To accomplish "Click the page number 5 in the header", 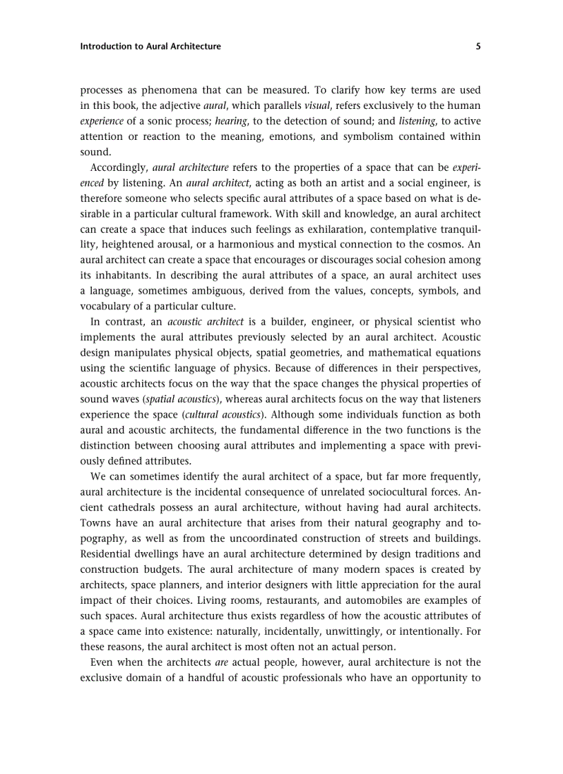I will tap(478, 47).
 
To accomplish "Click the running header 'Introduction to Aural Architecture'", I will tap(150, 47).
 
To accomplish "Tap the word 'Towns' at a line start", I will tap(93, 523).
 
